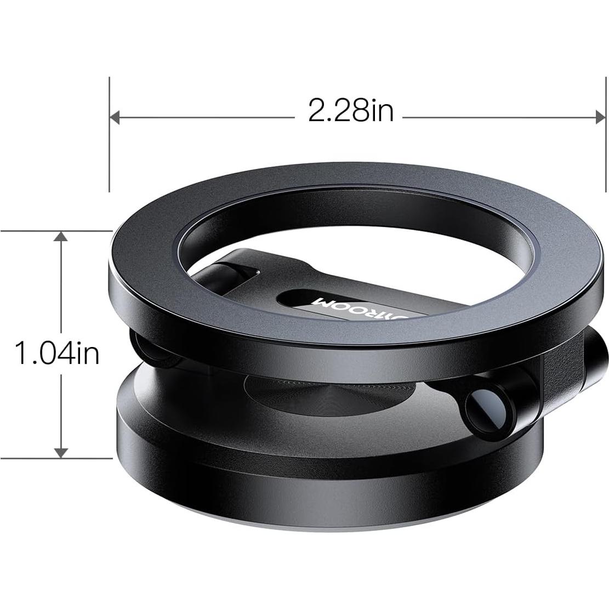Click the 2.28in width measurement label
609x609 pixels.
351,111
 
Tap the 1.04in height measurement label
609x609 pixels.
57,352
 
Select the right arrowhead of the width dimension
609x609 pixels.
599,117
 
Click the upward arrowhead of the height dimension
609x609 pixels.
61,237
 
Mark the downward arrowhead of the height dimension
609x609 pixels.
61,452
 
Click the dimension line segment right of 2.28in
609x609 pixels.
493,117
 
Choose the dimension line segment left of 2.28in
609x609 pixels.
203,117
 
